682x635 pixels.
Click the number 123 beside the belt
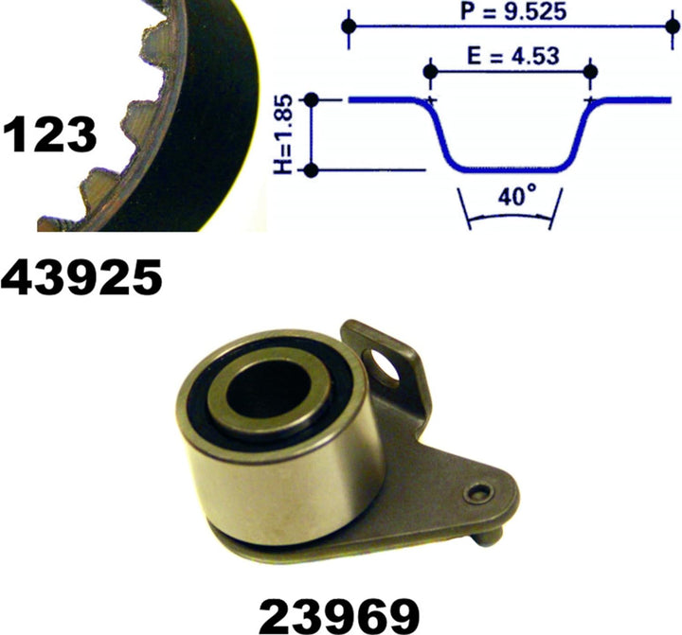click(49, 134)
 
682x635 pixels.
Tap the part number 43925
click(81, 277)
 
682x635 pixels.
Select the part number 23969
click(339, 616)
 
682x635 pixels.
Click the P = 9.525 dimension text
click(513, 11)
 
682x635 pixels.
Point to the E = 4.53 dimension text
click(513, 56)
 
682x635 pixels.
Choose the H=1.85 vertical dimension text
click(282, 134)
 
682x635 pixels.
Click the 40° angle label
click(517, 197)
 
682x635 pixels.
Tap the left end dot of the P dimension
click(349, 26)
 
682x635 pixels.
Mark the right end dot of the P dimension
click(673, 26)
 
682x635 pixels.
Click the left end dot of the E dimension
click(430, 72)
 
